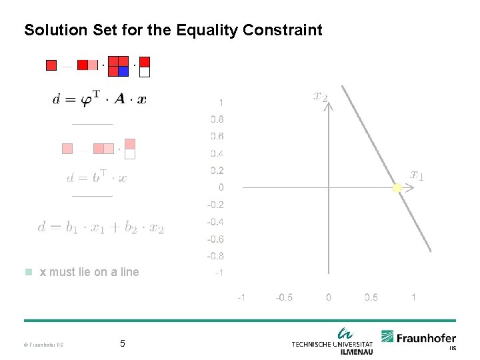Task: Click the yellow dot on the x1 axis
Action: coord(397,188)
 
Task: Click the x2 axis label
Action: coord(321,97)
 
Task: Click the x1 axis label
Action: coord(417,175)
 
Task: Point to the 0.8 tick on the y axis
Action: coord(217,120)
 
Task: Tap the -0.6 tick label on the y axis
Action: coord(215,239)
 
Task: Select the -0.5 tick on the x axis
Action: coord(284,297)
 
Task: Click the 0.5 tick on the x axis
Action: coord(371,297)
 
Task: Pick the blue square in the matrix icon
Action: coord(123,71)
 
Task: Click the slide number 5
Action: coord(122,344)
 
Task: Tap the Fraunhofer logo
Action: coord(419,339)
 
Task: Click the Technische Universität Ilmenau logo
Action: coord(333,341)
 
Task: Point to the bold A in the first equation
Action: coord(119,99)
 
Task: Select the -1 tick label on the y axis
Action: coord(217,273)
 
